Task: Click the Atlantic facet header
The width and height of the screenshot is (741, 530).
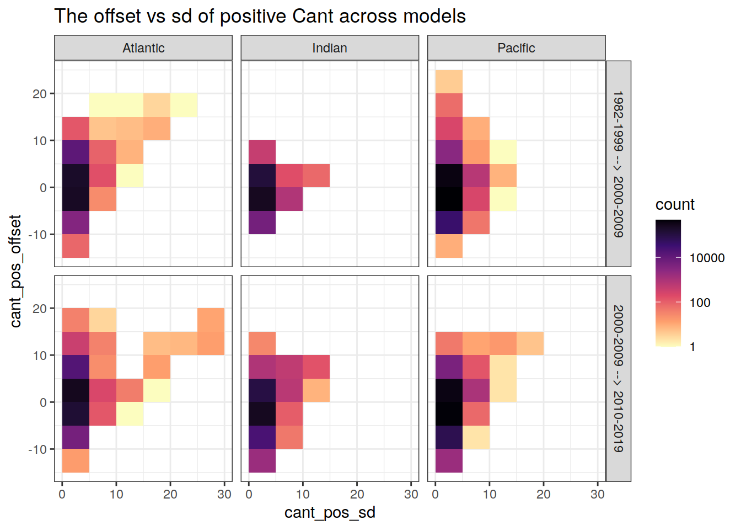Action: tap(143, 48)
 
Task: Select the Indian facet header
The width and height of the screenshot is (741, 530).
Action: tap(330, 48)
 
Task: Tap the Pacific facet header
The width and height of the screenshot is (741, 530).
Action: tap(516, 48)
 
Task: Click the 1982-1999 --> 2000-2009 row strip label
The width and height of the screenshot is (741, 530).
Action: tap(619, 164)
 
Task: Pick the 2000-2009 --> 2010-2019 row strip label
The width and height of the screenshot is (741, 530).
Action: tap(619, 379)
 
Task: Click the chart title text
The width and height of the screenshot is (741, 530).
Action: tap(260, 16)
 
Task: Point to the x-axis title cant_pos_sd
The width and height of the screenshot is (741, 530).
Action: tap(330, 512)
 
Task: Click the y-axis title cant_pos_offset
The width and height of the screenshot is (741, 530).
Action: tap(15, 271)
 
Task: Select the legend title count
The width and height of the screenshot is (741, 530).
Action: tap(675, 204)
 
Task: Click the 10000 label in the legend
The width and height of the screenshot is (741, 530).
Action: tap(707, 258)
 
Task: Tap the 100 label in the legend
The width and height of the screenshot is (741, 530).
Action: tap(700, 303)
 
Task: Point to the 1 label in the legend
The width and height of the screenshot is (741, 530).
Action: tap(692, 347)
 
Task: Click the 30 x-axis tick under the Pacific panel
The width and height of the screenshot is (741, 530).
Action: tap(598, 494)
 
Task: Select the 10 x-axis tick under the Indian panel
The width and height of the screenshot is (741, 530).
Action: tap(303, 494)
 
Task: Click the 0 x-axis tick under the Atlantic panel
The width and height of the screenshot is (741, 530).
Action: tap(62, 494)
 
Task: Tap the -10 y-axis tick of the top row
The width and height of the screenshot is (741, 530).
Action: tap(38, 235)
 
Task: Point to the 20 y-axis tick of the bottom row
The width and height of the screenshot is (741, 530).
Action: tap(40, 309)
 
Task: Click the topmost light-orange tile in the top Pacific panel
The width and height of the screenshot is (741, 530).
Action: tap(449, 82)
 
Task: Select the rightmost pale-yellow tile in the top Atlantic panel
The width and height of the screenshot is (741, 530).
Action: tap(184, 105)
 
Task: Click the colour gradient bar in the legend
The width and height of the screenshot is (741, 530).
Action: tap(668, 283)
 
